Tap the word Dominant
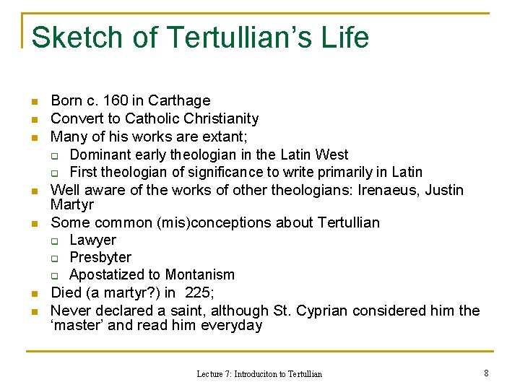click(99, 155)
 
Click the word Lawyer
click(92, 240)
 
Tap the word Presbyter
click(100, 257)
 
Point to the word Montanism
click(200, 274)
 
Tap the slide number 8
click(486, 373)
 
